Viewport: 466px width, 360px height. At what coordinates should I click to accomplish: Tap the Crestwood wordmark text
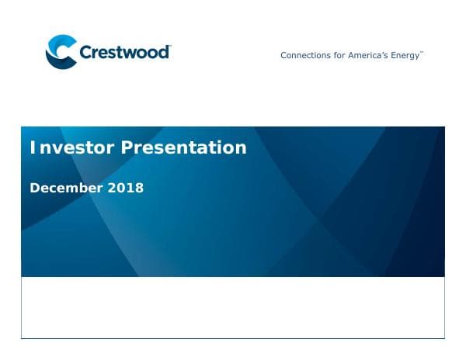point(124,53)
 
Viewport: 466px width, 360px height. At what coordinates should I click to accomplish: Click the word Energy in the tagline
point(407,56)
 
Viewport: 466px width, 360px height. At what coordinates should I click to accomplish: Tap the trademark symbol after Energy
point(422,53)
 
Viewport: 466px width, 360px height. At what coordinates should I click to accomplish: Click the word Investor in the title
point(71,147)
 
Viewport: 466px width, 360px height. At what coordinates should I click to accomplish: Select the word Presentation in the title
point(183,147)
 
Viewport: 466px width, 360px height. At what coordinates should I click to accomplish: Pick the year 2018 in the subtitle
point(126,188)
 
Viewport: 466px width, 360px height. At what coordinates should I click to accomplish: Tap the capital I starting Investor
point(32,147)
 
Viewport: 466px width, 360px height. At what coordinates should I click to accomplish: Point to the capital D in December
point(34,188)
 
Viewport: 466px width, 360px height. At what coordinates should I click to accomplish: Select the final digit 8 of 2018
point(139,188)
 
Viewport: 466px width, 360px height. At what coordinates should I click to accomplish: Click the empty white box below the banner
point(233,307)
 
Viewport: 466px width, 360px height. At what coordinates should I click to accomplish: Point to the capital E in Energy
point(395,55)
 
